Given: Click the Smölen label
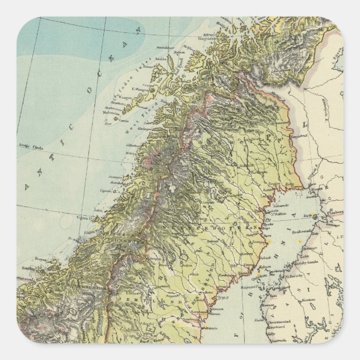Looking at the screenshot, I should point(26,268).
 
